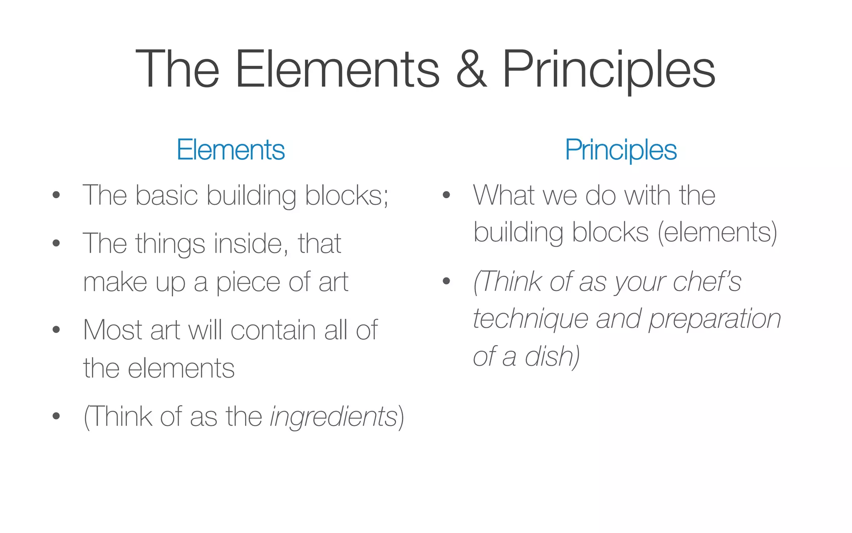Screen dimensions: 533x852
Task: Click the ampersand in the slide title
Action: pyautogui.click(x=471, y=70)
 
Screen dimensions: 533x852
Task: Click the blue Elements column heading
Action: pyautogui.click(x=230, y=150)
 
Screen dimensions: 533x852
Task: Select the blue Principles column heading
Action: pyautogui.click(x=621, y=150)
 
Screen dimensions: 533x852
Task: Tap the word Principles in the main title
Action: pyautogui.click(x=609, y=70)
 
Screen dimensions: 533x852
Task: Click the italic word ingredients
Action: pyautogui.click(x=334, y=416)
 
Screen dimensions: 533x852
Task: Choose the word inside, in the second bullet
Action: pyautogui.click(x=251, y=244)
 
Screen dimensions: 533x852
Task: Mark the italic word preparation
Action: pyautogui.click(x=714, y=319)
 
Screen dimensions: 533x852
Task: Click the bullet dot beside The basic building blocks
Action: pyautogui.click(x=56, y=195)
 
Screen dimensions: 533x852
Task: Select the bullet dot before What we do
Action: pyautogui.click(x=446, y=195)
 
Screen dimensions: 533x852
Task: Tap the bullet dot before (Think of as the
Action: pyautogui.click(x=56, y=416)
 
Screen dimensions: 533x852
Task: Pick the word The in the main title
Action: pyautogui.click(x=177, y=70)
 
